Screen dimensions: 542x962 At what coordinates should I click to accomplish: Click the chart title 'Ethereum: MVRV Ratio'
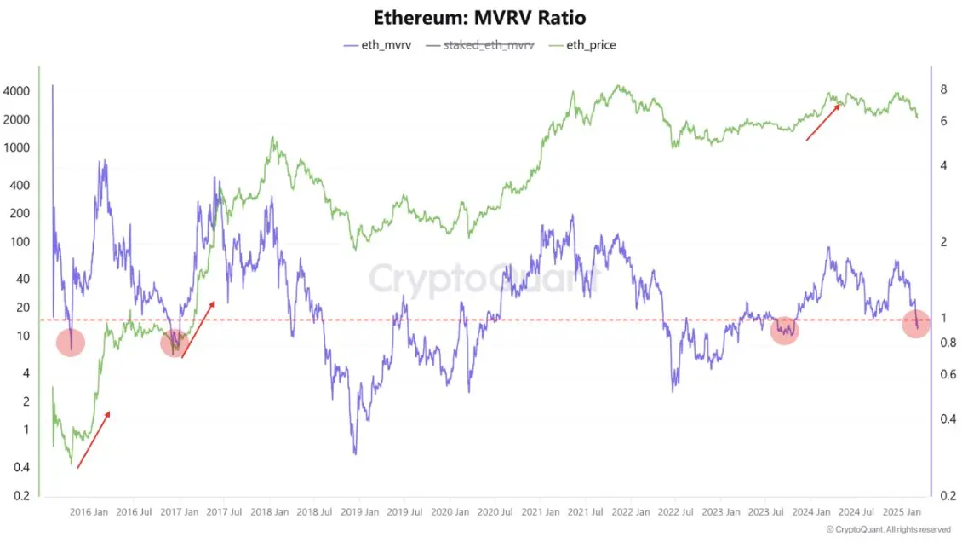click(480, 17)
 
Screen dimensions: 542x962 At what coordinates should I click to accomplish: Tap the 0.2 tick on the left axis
click(21, 496)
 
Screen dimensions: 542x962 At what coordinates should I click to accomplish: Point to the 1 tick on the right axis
click(943, 318)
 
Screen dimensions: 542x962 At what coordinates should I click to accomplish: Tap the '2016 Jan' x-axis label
click(89, 513)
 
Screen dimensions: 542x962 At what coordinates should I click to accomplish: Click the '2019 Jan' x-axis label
click(359, 513)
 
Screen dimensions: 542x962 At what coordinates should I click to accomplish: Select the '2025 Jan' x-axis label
click(902, 513)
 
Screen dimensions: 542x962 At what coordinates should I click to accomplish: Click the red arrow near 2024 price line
click(824, 121)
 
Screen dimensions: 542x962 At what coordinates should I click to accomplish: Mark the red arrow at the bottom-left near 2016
click(94, 440)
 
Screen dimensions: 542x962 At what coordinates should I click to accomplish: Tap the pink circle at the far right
click(915, 324)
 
